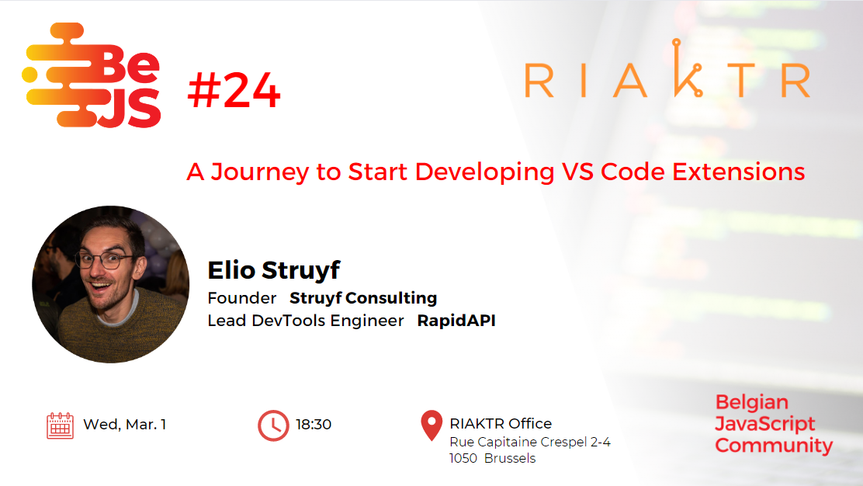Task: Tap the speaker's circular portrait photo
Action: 111,284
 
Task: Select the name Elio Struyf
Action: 274,270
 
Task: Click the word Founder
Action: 242,298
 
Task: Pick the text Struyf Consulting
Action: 363,298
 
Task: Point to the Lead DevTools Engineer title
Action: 306,321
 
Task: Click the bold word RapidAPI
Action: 456,321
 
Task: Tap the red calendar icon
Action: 61,425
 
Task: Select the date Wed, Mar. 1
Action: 125,425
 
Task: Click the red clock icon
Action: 273,425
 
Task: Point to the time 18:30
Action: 314,425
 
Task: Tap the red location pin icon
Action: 431,425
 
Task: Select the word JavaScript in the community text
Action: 764,424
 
